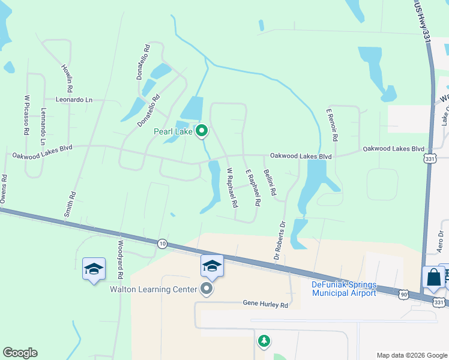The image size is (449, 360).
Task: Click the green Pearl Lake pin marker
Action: coord(202,131)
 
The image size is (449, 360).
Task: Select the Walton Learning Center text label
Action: coord(153,289)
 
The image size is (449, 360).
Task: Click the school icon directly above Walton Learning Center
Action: coord(212,266)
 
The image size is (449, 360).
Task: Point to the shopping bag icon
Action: coord(433,277)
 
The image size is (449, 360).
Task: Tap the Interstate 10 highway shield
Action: coord(162,243)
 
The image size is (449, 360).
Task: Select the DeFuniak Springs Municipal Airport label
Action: coord(344,289)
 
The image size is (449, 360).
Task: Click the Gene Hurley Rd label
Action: coord(265,305)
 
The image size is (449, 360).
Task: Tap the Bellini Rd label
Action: coord(270,183)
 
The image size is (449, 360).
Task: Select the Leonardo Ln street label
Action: coord(74,100)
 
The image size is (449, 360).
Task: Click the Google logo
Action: coord(20,353)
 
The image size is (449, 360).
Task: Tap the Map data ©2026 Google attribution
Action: coord(411,355)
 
